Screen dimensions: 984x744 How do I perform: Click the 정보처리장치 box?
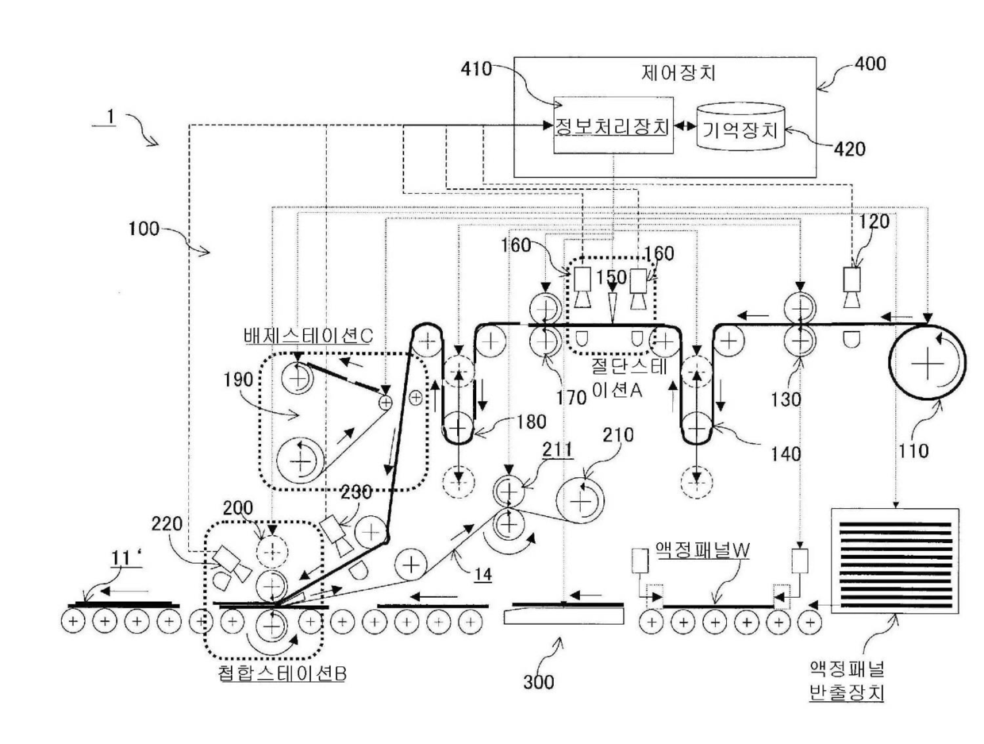click(x=613, y=125)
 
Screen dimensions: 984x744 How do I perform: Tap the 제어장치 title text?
click(x=678, y=73)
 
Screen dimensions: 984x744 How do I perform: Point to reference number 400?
click(x=870, y=64)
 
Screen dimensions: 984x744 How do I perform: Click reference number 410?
click(x=476, y=69)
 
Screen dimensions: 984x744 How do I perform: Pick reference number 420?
click(x=849, y=149)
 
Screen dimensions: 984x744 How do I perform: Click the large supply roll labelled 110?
click(x=927, y=362)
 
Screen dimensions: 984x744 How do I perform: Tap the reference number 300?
click(x=538, y=682)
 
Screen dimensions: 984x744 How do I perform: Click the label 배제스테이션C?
click(x=309, y=336)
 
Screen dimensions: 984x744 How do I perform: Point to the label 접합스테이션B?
click(x=283, y=673)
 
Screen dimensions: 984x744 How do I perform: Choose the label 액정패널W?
click(x=702, y=549)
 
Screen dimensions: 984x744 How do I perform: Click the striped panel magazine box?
click(x=895, y=561)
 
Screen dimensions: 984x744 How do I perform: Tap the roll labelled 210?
click(x=579, y=500)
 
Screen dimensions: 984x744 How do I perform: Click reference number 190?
click(x=238, y=380)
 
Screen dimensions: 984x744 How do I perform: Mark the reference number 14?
click(x=482, y=575)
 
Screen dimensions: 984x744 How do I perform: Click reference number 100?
click(x=144, y=229)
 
